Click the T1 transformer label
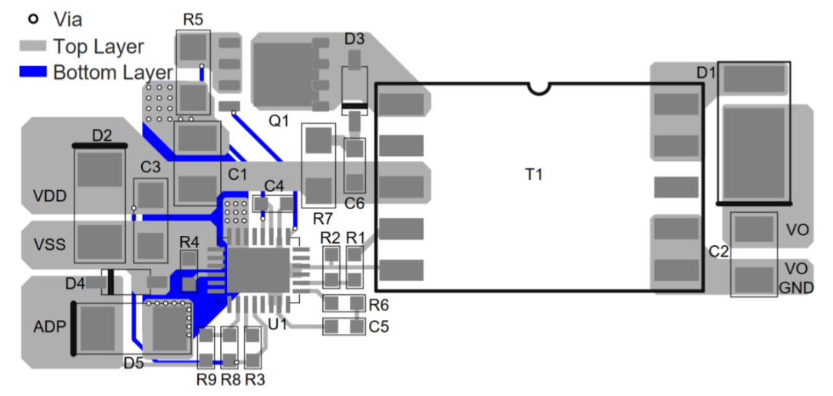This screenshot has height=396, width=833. pos(533,175)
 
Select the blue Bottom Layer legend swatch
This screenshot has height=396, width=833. pos(34,73)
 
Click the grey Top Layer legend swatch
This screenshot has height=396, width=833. pos(34,46)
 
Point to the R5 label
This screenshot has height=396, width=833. pos(193,19)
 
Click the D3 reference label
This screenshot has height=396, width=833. pos(354,38)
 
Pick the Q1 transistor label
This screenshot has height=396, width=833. pos(278,120)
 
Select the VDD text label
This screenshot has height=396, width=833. pos(50,196)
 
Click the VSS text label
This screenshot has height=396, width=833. pos(50,245)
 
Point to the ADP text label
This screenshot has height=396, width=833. pos(49,326)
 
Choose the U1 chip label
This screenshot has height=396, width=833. pos(278,325)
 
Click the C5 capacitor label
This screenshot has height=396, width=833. pos(378,326)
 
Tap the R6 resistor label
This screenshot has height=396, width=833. pos(378,305)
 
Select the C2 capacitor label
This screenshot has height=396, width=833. pos(718,250)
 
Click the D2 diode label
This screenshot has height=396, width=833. pos(102,136)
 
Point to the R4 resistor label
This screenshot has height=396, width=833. pos(189,242)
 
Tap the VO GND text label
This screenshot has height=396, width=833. pos(795,279)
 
